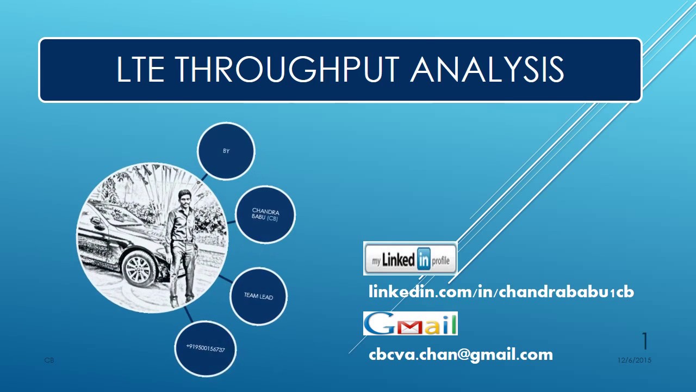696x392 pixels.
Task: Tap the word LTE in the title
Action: point(140,70)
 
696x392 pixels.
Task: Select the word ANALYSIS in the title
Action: point(487,70)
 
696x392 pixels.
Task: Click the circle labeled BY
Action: point(226,151)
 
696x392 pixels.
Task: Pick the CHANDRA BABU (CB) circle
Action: point(265,215)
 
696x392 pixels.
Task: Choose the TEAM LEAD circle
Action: point(258,296)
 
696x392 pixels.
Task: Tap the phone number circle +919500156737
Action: point(206,348)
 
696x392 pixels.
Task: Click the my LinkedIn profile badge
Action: point(410,259)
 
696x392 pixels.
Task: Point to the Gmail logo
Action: point(410,323)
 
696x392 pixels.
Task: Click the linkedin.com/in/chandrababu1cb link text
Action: point(501,292)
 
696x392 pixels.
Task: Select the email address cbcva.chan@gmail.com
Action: point(461,355)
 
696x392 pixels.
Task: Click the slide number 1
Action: point(645,341)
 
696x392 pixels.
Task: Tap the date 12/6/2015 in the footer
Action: point(634,360)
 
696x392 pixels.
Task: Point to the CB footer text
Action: point(49,360)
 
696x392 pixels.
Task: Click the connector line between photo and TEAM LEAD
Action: point(223,279)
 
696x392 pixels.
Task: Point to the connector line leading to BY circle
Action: point(204,177)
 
